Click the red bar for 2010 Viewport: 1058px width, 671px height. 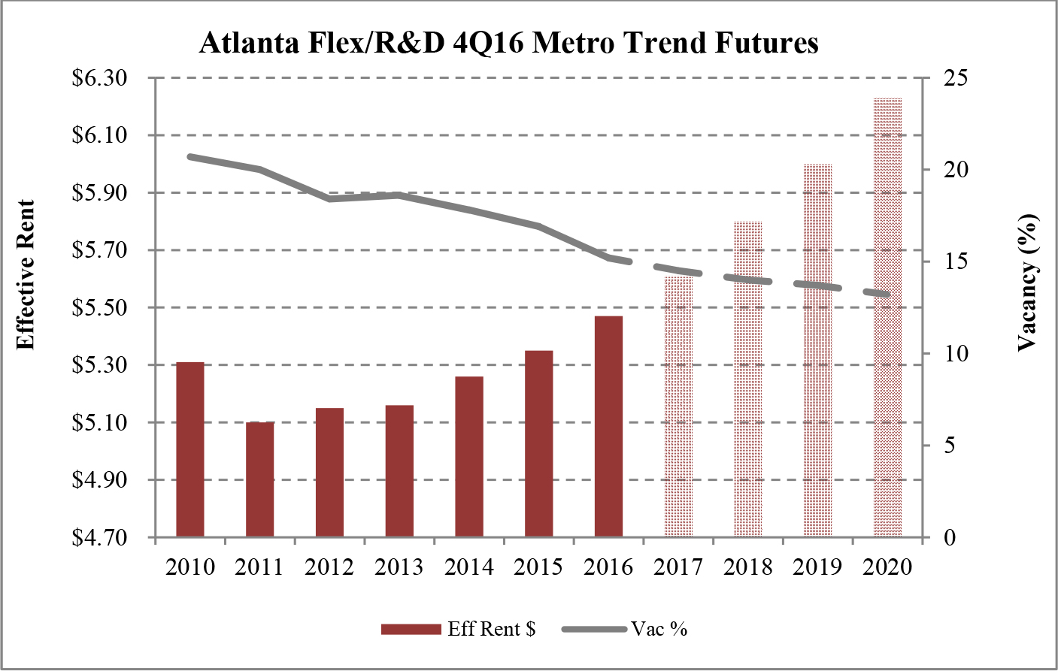tap(190, 449)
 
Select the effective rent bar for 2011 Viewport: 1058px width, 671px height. tap(260, 479)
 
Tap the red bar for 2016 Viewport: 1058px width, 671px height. tap(608, 426)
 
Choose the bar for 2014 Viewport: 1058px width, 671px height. tap(469, 456)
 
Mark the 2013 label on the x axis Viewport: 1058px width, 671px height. tap(399, 567)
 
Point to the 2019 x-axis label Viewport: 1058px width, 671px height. tap(817, 567)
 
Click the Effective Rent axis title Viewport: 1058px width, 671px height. tap(26, 275)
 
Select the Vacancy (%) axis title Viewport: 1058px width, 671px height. tap(1027, 283)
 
